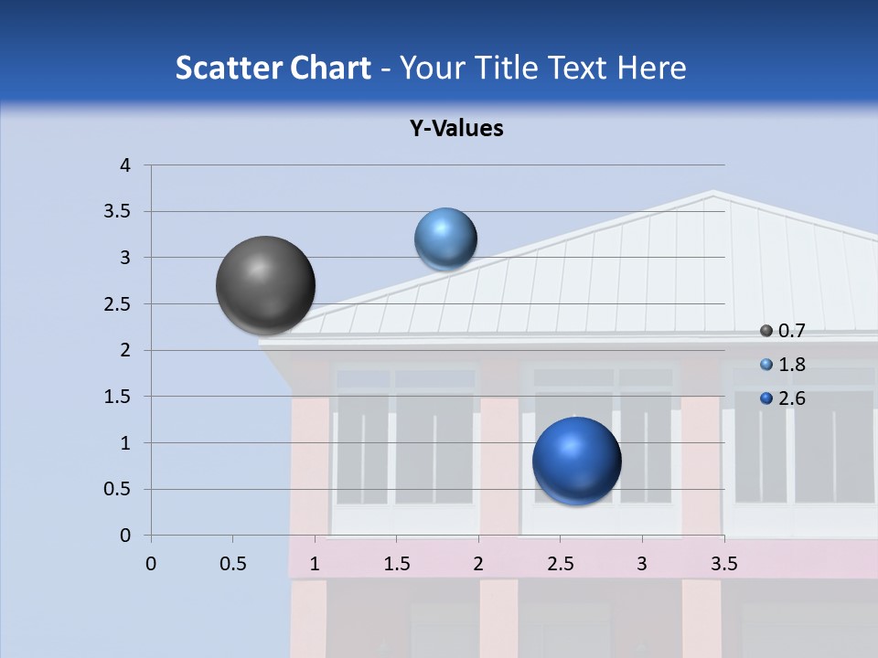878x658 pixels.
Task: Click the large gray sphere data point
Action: pos(265,285)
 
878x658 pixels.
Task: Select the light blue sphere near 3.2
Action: pos(445,239)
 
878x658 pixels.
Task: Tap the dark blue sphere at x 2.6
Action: pos(576,461)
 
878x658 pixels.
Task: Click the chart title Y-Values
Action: pos(456,129)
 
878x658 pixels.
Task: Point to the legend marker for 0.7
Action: pos(766,331)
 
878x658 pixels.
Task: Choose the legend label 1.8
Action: pos(791,365)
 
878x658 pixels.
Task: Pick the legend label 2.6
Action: pos(791,398)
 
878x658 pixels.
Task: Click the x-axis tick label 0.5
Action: pos(233,564)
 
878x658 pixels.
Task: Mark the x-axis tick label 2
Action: pos(478,564)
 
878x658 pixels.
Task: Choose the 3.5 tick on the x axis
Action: pos(724,564)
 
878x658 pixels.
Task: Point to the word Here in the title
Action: pos(650,68)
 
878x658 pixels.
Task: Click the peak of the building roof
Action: pos(712,193)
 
